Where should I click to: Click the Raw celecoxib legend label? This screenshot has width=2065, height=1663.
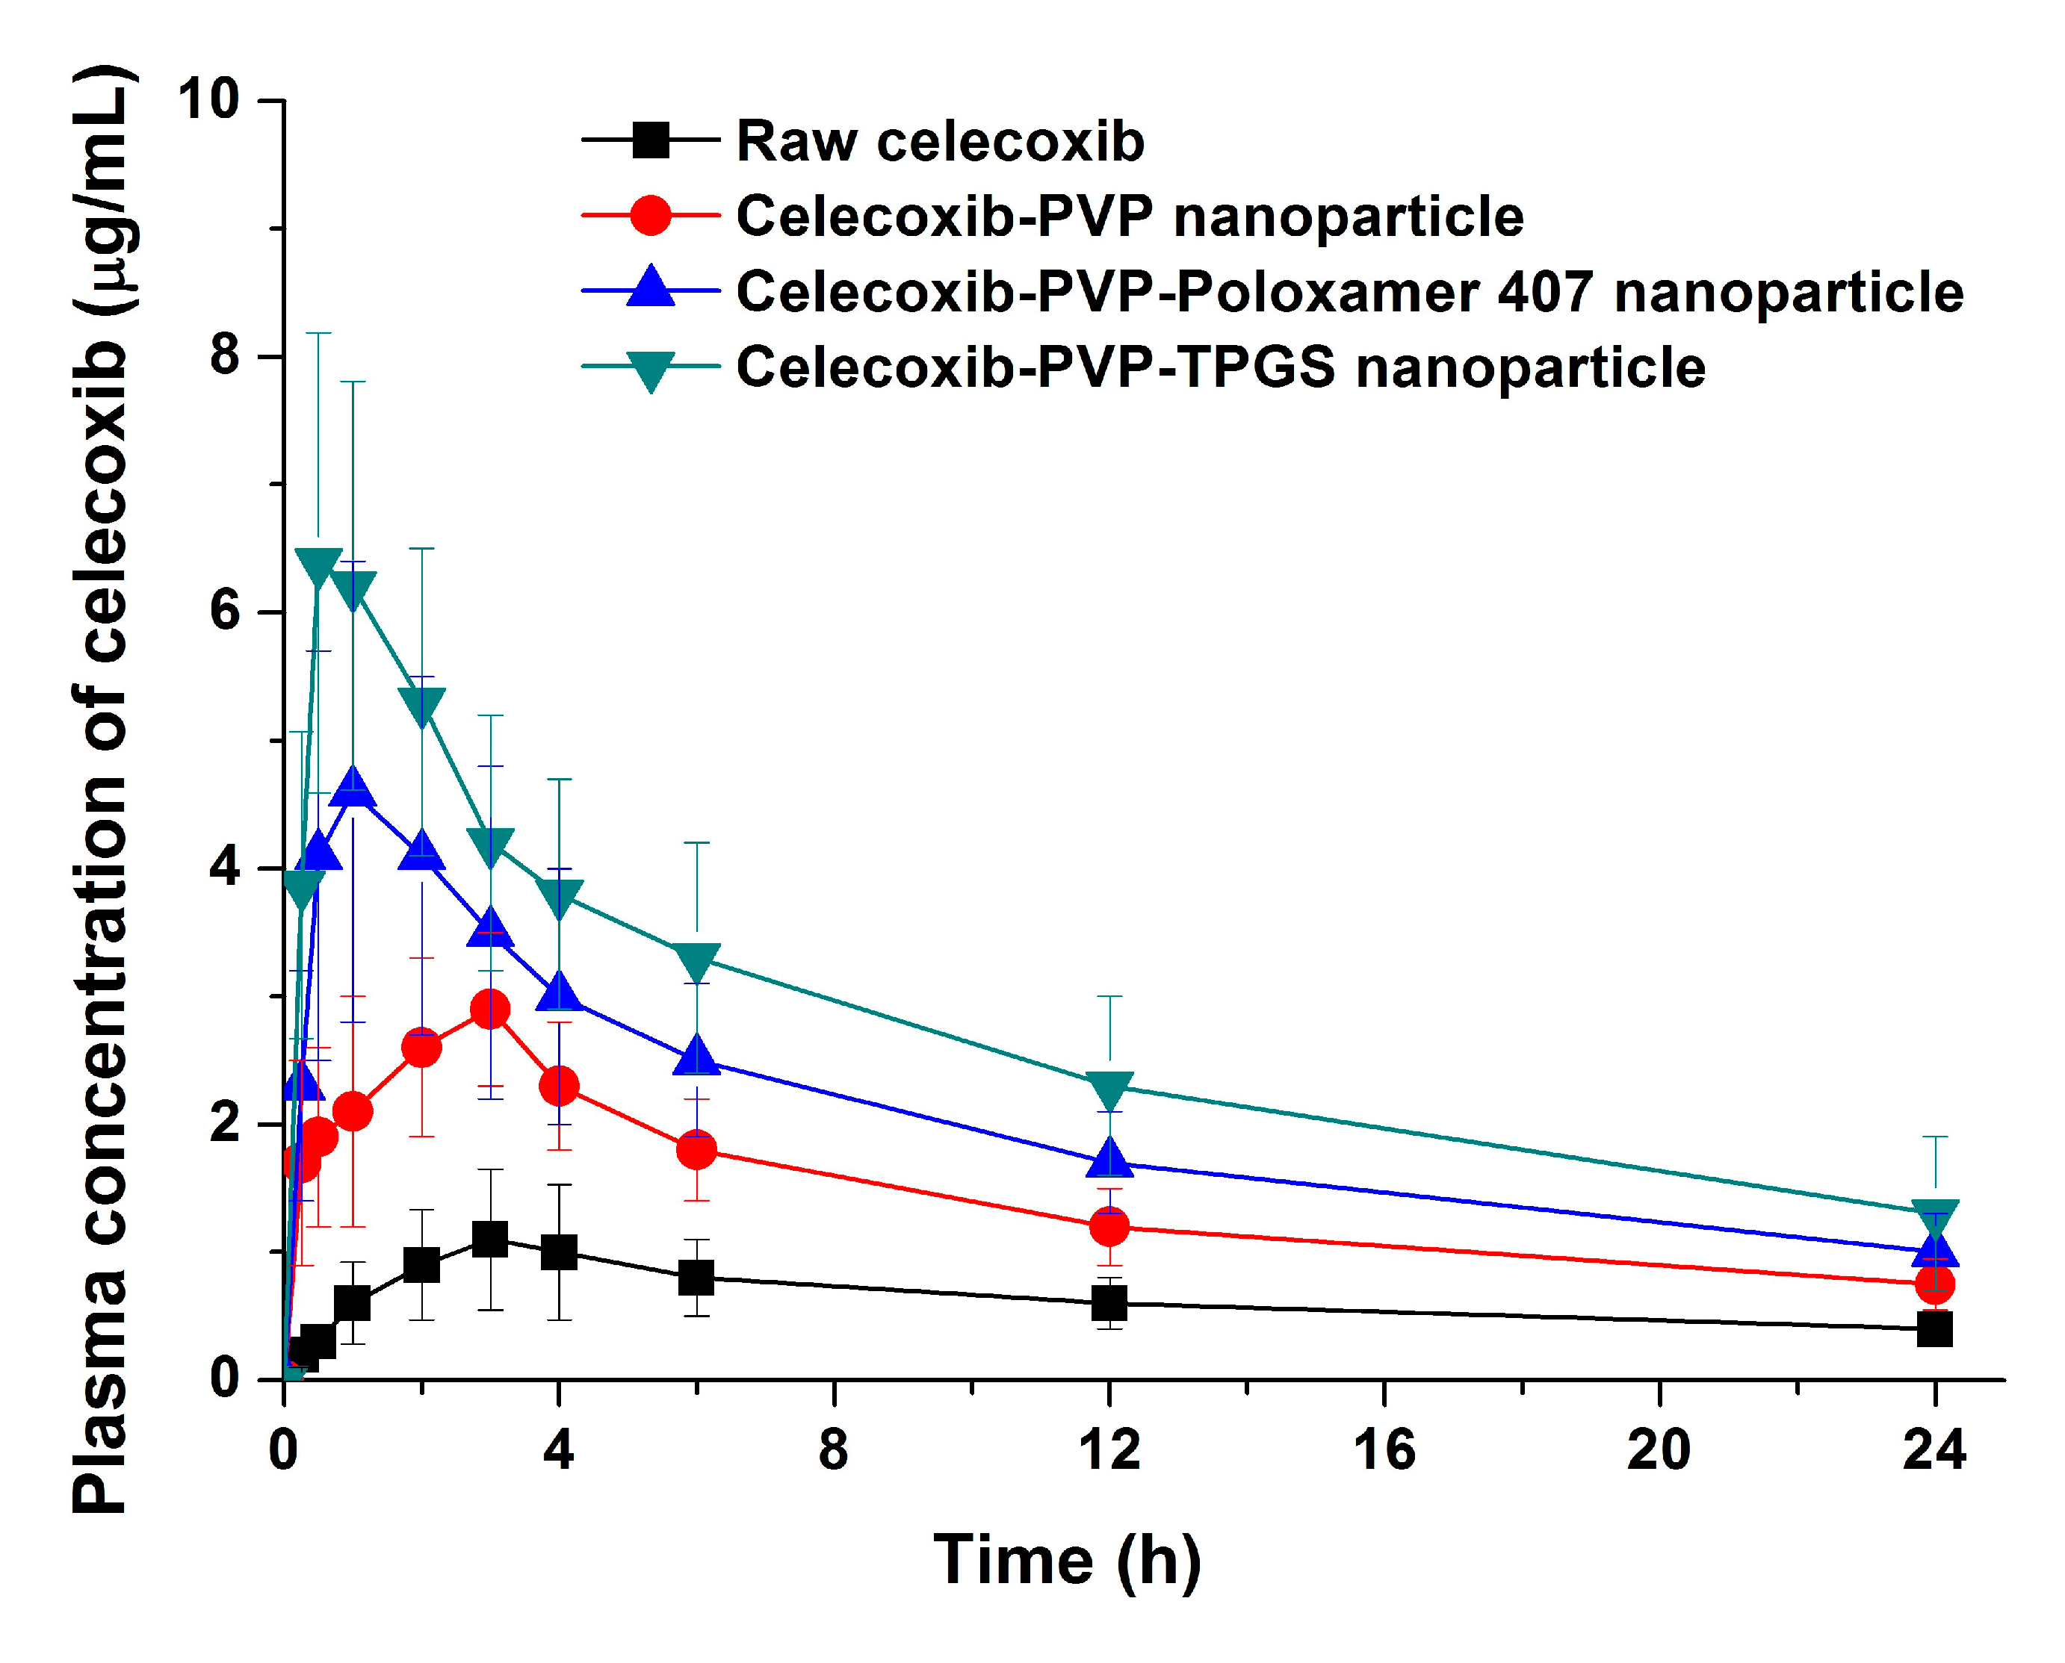(939, 142)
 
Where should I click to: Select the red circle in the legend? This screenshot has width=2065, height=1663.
(651, 216)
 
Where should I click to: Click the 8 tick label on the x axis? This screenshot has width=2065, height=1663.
(833, 1450)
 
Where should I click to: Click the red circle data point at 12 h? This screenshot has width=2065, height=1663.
(1109, 1226)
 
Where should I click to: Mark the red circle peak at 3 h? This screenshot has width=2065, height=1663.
(489, 1009)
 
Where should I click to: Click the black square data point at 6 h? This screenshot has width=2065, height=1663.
(696, 1277)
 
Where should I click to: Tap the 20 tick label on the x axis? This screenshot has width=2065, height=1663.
(1658, 1450)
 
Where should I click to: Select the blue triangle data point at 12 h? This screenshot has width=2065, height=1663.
(1109, 1159)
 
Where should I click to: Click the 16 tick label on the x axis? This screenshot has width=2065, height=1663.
(1383, 1450)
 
